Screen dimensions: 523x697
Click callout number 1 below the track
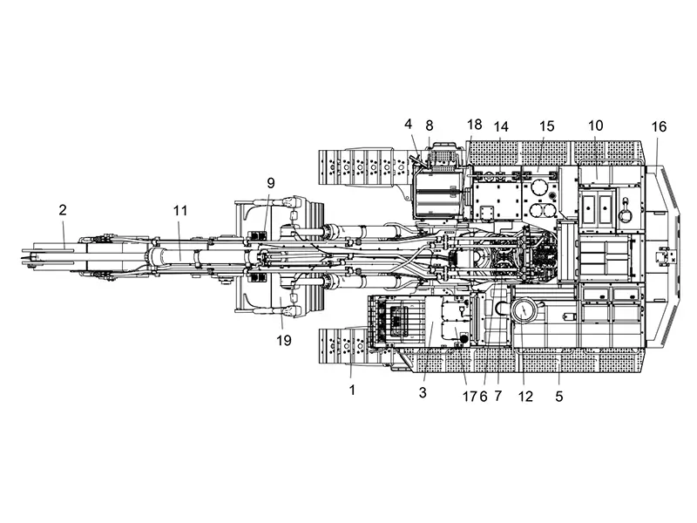coord(353,391)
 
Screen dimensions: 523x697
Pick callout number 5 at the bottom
coord(559,395)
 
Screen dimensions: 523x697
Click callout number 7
coord(499,395)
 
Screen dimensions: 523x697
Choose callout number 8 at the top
coord(430,126)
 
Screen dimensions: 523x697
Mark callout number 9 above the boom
coord(270,183)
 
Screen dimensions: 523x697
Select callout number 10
coord(596,126)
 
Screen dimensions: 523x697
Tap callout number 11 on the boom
coord(179,210)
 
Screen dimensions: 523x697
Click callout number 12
coord(524,395)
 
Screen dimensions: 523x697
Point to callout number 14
coord(500,126)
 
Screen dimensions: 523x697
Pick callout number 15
coord(546,126)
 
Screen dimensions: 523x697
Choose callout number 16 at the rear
coord(659,126)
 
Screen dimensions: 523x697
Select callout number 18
coord(475,126)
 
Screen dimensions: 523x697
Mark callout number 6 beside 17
coord(483,395)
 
